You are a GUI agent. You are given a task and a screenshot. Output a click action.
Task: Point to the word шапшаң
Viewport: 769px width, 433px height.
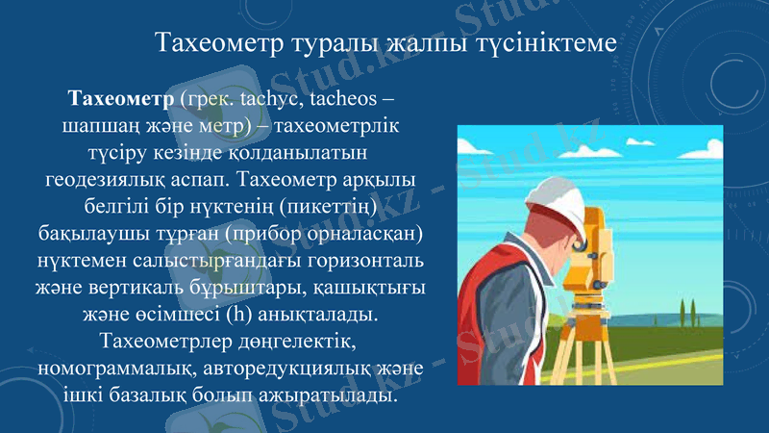click(x=98, y=126)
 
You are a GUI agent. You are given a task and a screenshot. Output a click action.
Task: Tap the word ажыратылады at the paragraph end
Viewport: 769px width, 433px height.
click(x=330, y=395)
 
